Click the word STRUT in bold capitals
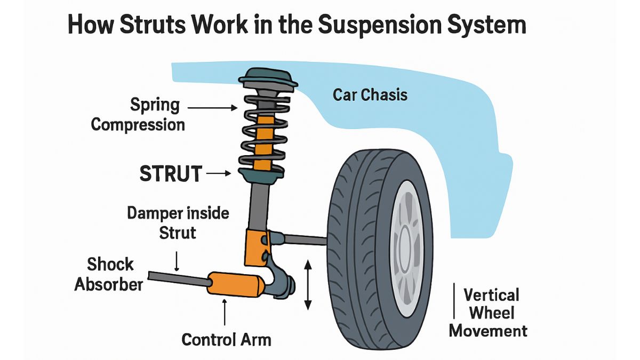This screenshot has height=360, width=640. [x=171, y=174]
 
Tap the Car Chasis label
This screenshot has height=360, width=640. [x=370, y=95]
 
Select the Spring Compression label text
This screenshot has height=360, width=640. [x=138, y=115]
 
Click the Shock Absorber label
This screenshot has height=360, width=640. [x=109, y=274]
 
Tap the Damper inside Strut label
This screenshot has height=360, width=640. [x=178, y=223]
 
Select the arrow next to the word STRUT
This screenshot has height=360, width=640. [x=218, y=173]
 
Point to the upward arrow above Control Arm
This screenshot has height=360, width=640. [x=225, y=311]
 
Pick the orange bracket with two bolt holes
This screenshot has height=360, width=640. [x=256, y=246]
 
